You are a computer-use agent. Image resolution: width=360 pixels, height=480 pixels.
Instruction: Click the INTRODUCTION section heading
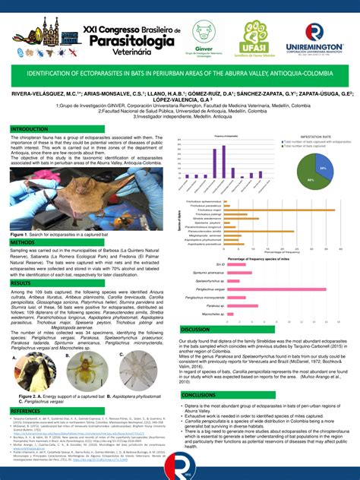coord(30,129)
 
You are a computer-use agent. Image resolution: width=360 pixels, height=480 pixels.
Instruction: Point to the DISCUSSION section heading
coord(195,329)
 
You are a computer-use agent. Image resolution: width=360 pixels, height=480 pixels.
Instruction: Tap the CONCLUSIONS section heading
coord(199,395)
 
